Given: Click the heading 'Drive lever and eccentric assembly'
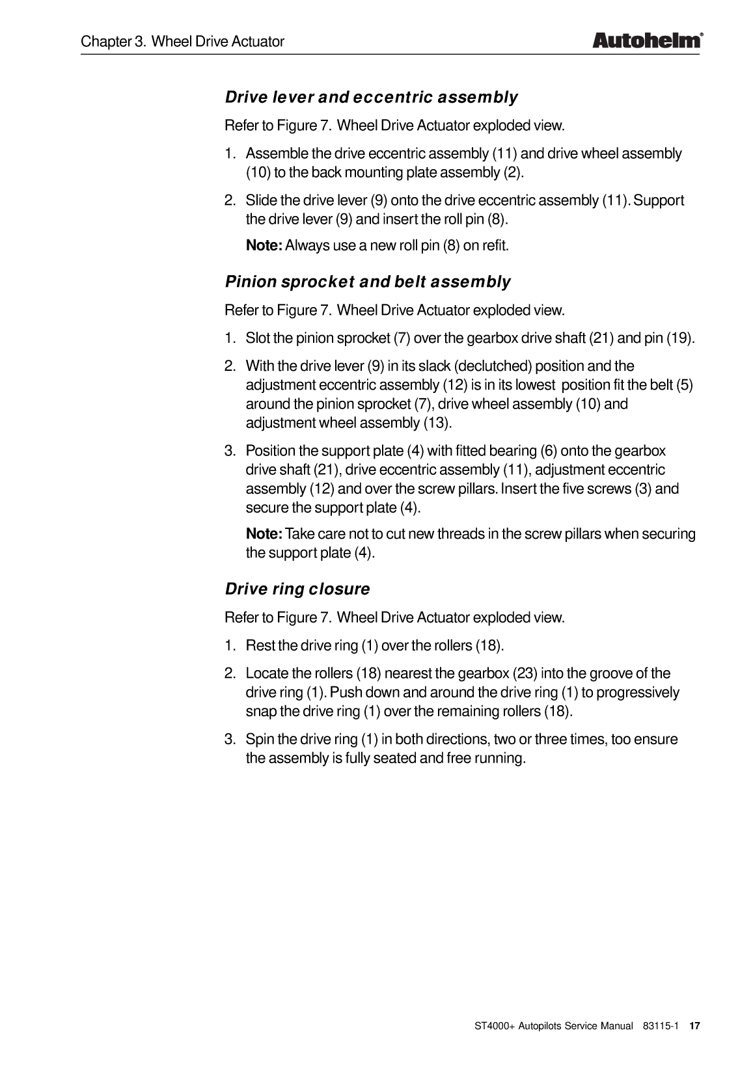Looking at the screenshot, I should coord(371,98).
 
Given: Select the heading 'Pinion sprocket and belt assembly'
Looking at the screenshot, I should coord(368,282).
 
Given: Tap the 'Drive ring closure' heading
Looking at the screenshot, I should coord(297,589).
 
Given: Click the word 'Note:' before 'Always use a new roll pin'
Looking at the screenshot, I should coord(264,245).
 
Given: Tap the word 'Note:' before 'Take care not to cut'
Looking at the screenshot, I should coord(264,534).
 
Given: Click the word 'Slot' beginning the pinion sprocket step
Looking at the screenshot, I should coord(258,338).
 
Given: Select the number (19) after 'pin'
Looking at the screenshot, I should coord(679,338).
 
